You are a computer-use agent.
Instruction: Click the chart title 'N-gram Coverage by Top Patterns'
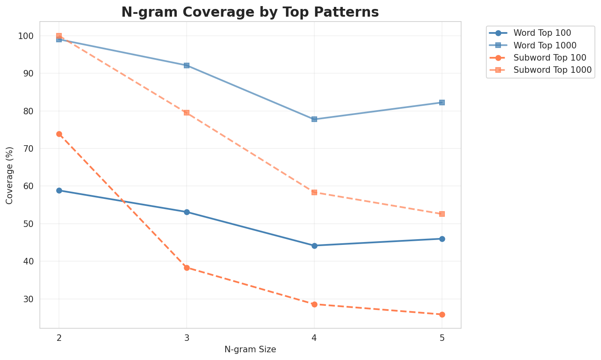250,12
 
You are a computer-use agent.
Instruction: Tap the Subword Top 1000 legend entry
552,70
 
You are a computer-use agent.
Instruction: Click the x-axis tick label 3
187,337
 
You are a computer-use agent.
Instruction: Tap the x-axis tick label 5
442,337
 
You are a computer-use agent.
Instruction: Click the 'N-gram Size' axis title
250,349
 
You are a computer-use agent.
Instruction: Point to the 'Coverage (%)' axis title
10,175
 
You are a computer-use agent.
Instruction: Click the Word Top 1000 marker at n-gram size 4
314,119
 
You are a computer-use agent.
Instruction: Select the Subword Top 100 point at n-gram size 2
59,134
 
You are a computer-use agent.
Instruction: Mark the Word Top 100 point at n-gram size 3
187,212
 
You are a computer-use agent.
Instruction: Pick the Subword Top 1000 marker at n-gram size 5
442,214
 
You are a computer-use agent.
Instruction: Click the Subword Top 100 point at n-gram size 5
442,314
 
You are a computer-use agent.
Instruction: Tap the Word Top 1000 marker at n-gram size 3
187,65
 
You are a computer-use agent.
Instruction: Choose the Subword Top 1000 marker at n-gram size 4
314,192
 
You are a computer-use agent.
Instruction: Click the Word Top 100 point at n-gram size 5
442,239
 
